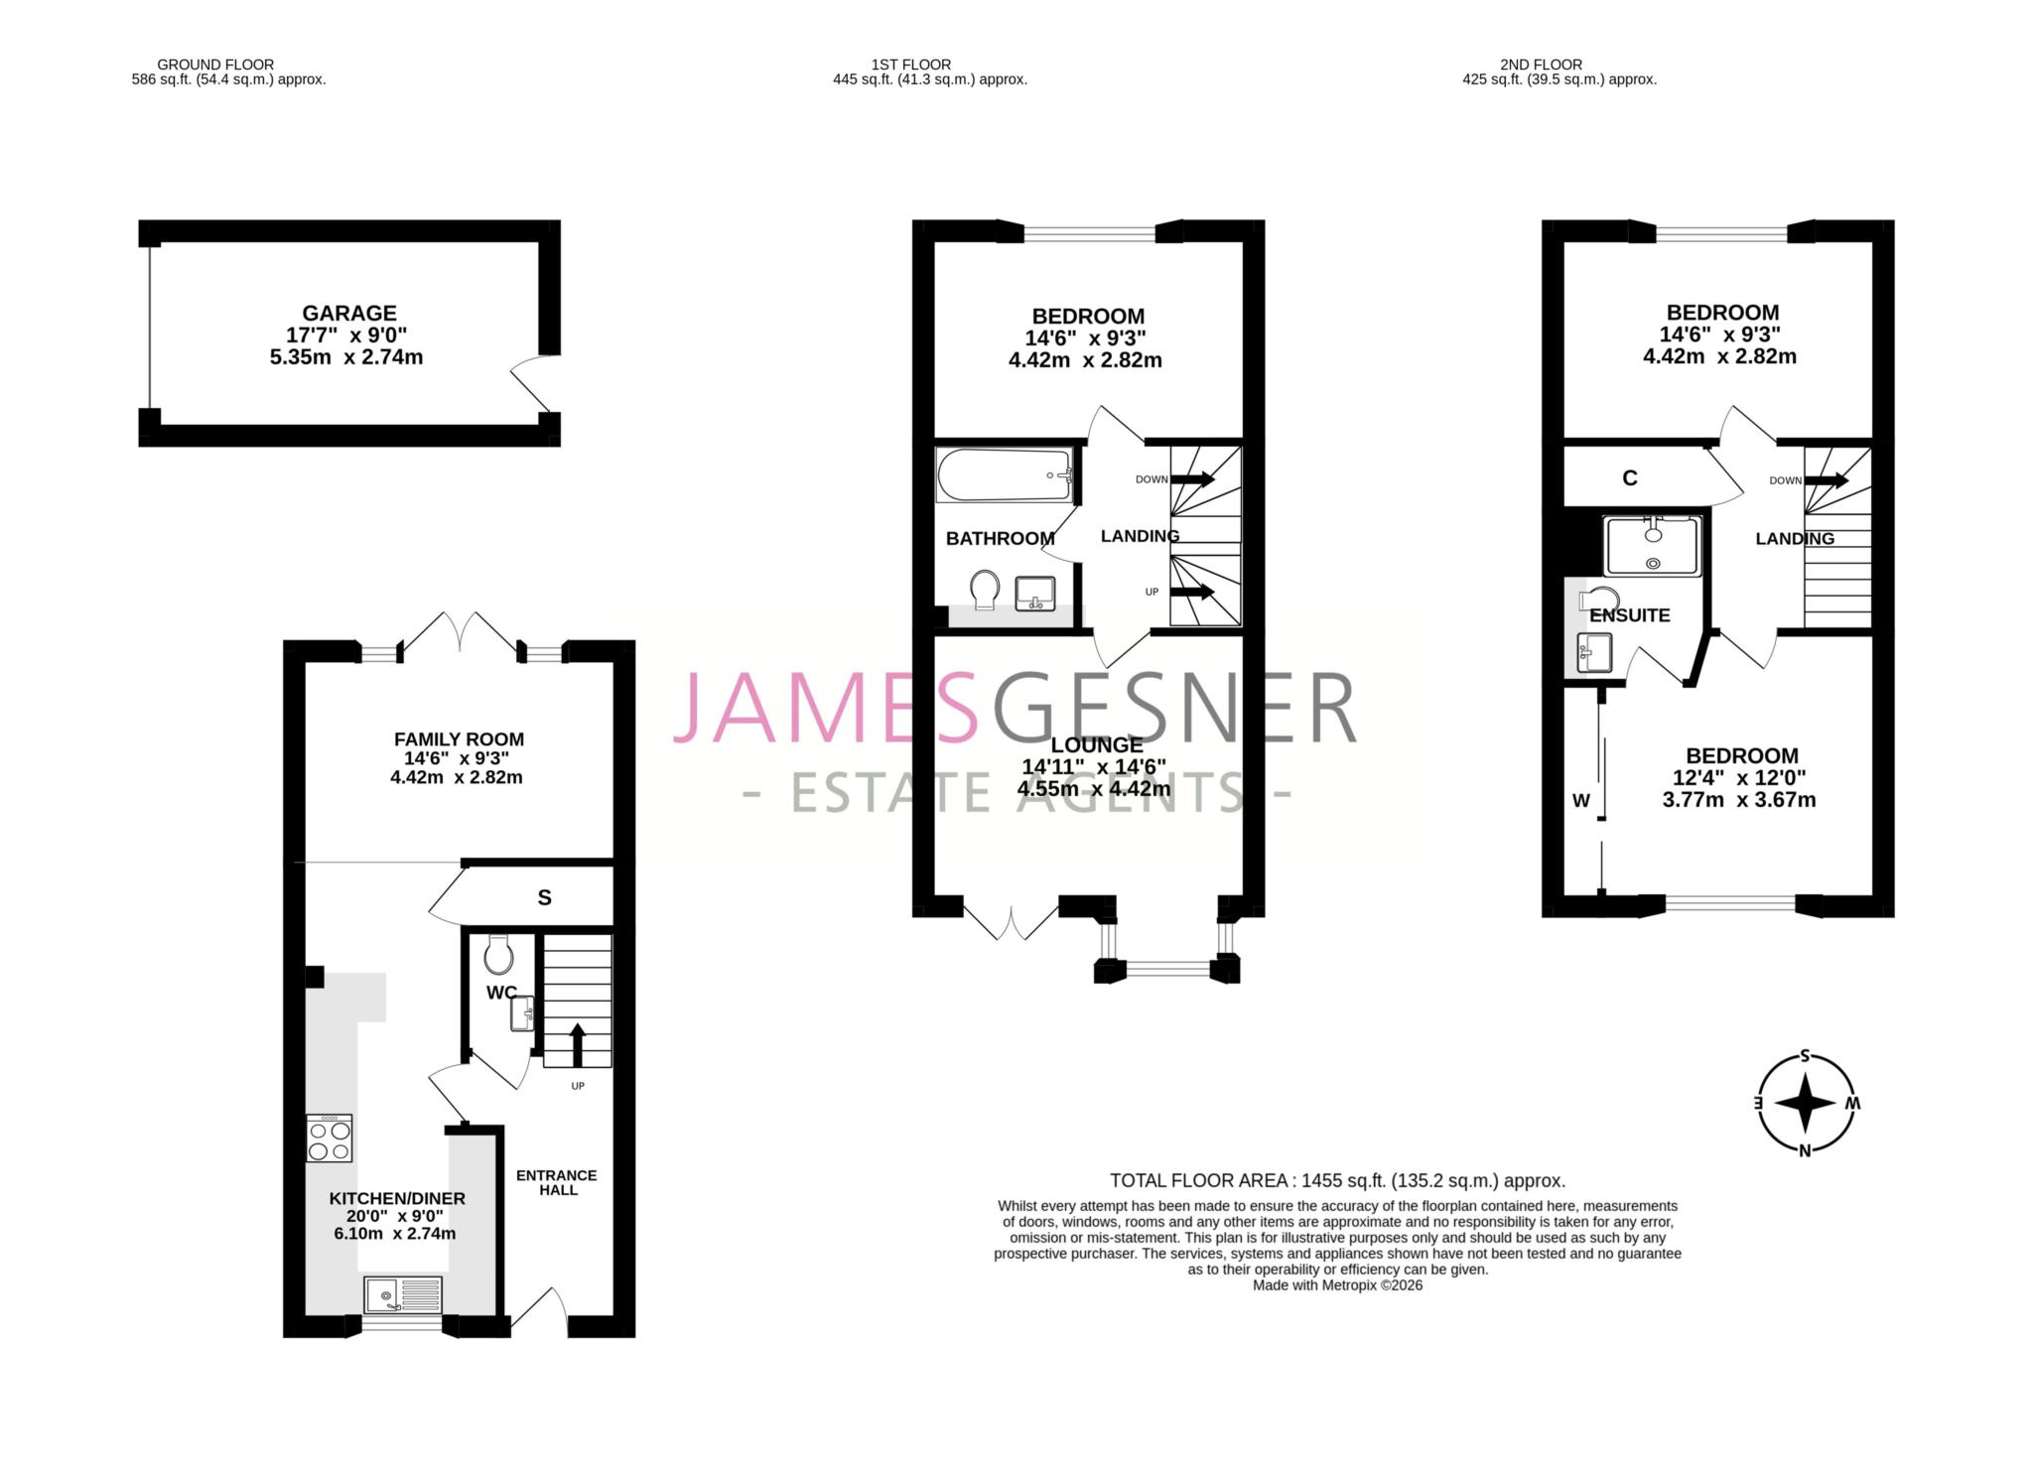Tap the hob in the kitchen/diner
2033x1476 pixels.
tap(330, 1139)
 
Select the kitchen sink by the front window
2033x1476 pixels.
tap(403, 1294)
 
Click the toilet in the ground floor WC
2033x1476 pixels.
tap(498, 956)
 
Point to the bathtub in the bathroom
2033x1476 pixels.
tap(1005, 475)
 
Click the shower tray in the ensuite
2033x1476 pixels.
tap(1653, 545)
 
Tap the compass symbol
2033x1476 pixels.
tap(1805, 1103)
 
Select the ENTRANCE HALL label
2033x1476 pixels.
tap(557, 1182)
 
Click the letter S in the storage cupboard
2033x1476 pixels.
tap(544, 897)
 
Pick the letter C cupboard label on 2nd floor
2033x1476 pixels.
tap(1630, 478)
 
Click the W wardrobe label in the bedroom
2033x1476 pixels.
tap(1581, 800)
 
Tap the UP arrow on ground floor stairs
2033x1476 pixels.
tap(577, 1044)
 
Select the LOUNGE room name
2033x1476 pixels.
tap(1096, 744)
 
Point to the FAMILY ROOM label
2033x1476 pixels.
tap(459, 738)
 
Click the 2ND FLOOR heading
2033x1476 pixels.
tap(1541, 65)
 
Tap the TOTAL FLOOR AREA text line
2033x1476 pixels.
tap(1337, 1180)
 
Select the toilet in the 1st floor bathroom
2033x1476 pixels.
tap(985, 589)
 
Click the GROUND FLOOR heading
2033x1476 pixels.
tap(215, 65)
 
